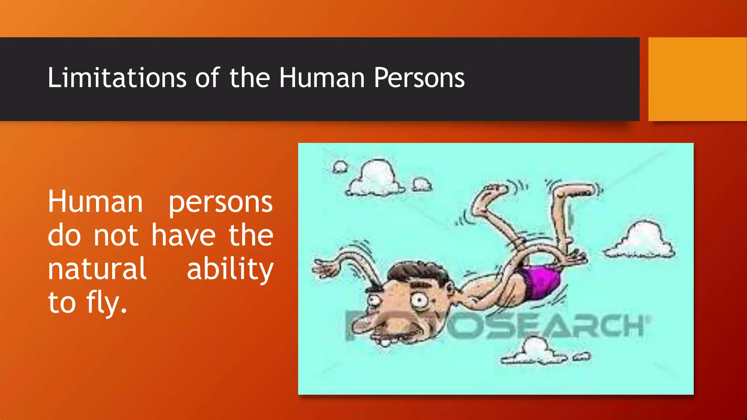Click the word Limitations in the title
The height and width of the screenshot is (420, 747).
coord(117,78)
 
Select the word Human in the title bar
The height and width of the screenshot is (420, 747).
coord(322,78)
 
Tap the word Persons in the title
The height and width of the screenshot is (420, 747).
coord(419,78)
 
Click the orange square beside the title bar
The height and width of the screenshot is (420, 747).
coord(697,79)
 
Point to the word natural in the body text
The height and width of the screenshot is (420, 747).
coord(97,269)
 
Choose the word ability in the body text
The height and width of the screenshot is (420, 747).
coord(230,269)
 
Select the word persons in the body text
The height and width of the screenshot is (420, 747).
coord(220,202)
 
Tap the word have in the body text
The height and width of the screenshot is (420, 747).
coord(183,236)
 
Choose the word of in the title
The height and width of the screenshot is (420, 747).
coord(207,78)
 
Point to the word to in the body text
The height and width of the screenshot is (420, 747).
coord(62,303)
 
